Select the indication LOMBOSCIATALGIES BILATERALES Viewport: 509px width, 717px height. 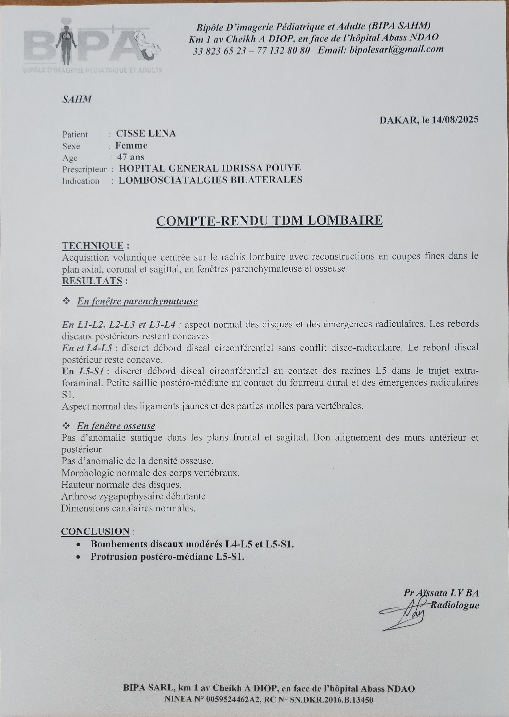[210, 180]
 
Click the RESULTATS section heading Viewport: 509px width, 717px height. [92, 281]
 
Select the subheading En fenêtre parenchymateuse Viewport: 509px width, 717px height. [137, 301]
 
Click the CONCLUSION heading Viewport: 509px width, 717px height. [95, 532]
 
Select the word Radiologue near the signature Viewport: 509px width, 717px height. [454, 605]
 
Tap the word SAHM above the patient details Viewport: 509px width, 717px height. [77, 100]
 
